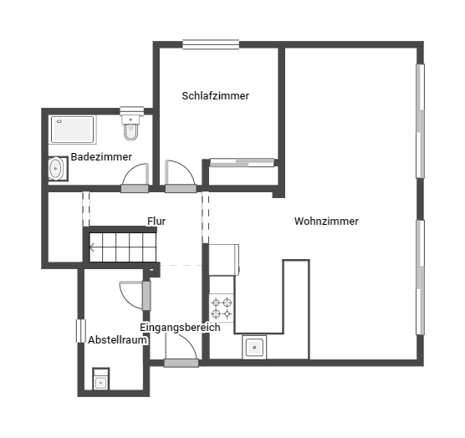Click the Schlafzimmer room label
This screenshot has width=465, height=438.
(215, 96)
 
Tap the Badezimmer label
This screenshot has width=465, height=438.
(101, 157)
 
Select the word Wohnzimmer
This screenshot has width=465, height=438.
(326, 221)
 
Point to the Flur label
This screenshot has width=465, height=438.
(156, 221)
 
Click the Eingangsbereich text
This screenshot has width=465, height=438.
(180, 328)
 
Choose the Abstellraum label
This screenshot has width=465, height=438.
(117, 340)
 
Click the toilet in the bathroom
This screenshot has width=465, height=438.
(130, 127)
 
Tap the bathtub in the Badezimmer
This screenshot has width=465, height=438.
(73, 130)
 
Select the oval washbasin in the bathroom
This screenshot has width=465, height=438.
(56, 168)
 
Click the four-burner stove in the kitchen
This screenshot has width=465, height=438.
(222, 308)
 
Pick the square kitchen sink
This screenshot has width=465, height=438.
(254, 348)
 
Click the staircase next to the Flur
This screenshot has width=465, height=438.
(122, 247)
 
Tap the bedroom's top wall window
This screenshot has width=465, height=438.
(211, 44)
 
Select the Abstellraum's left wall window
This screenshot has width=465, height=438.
(80, 331)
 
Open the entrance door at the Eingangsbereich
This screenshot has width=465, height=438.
(181, 363)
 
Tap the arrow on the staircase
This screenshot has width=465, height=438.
(93, 247)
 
